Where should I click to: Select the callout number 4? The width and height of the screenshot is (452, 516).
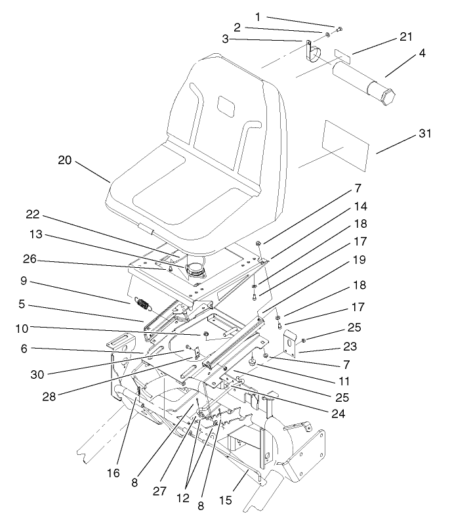[x=422, y=54]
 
